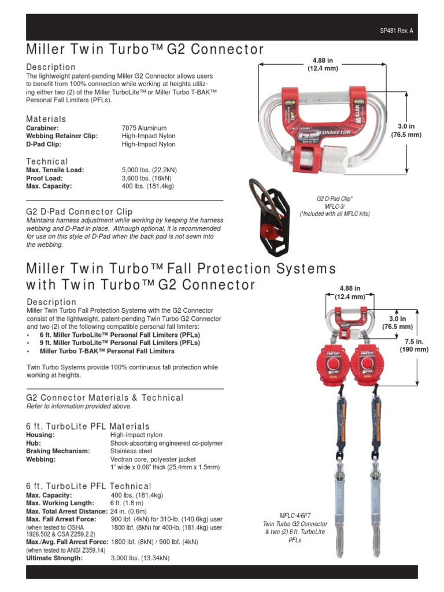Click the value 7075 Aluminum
144,128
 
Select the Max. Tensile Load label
55,170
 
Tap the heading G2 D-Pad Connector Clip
80,212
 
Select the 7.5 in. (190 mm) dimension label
415,346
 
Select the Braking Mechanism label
58,452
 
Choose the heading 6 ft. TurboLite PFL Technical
89,486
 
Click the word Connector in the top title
221,49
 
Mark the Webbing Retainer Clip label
62,136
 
